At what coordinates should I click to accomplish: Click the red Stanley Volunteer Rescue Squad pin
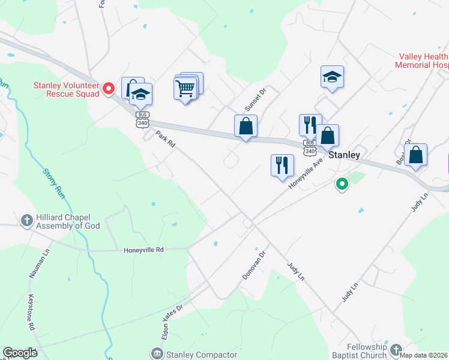click(109, 89)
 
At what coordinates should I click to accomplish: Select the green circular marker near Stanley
click(342, 184)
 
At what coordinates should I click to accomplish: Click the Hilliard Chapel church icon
click(26, 220)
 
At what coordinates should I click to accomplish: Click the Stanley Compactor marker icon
click(157, 353)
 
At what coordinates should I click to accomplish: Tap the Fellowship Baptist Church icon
click(395, 349)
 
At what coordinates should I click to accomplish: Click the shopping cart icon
click(185, 89)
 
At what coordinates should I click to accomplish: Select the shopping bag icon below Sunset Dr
click(246, 127)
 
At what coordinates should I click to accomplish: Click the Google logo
click(20, 353)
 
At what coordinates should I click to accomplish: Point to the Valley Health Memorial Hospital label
click(423, 60)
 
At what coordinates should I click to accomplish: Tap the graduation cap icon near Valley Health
click(331, 77)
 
